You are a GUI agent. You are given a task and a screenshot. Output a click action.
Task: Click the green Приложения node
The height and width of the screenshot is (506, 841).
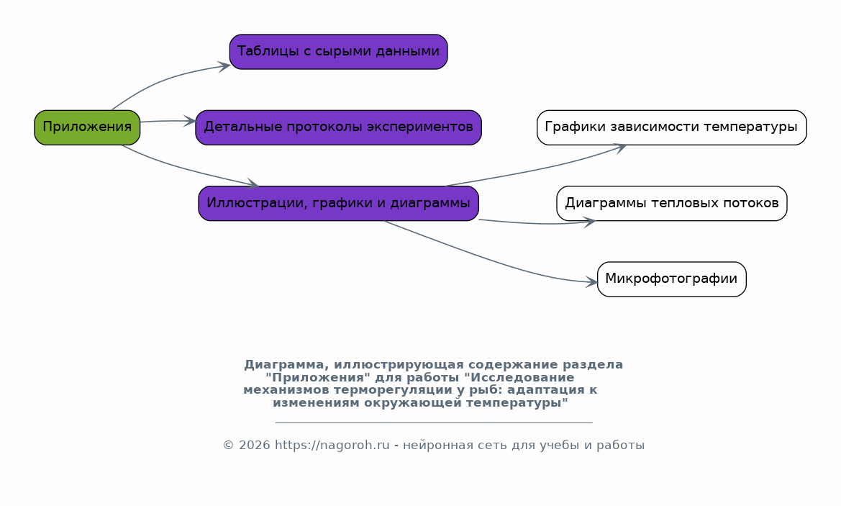(x=87, y=127)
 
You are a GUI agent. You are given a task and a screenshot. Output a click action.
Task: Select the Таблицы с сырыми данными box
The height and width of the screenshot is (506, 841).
(x=338, y=52)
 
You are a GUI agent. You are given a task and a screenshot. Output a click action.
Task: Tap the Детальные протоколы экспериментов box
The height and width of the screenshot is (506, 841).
(x=338, y=127)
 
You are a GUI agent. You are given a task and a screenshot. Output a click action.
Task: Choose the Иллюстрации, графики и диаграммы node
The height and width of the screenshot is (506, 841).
(x=338, y=204)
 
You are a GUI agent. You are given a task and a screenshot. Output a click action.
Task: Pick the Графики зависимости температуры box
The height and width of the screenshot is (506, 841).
(x=671, y=127)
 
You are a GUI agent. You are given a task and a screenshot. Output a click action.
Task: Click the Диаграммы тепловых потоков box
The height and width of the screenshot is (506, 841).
(x=671, y=204)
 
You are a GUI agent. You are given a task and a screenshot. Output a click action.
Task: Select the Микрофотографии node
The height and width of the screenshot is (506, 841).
(x=671, y=279)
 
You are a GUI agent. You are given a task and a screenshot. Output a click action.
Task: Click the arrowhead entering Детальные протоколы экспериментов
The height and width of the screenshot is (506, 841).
(x=190, y=121)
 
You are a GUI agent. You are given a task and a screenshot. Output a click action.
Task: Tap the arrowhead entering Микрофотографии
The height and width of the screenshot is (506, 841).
(x=591, y=282)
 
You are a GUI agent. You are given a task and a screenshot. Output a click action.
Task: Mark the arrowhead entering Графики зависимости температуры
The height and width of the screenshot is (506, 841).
(x=620, y=148)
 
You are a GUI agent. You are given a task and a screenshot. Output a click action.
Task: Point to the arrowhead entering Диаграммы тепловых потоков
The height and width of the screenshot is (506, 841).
(x=589, y=222)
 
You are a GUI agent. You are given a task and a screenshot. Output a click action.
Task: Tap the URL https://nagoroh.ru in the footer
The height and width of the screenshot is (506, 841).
(x=332, y=446)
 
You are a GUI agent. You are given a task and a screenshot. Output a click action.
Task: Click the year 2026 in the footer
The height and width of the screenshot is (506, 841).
(x=254, y=446)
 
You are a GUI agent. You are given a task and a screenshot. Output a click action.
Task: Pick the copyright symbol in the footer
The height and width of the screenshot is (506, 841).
(x=229, y=446)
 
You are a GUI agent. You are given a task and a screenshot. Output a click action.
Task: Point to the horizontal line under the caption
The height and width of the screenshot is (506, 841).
(x=434, y=423)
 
